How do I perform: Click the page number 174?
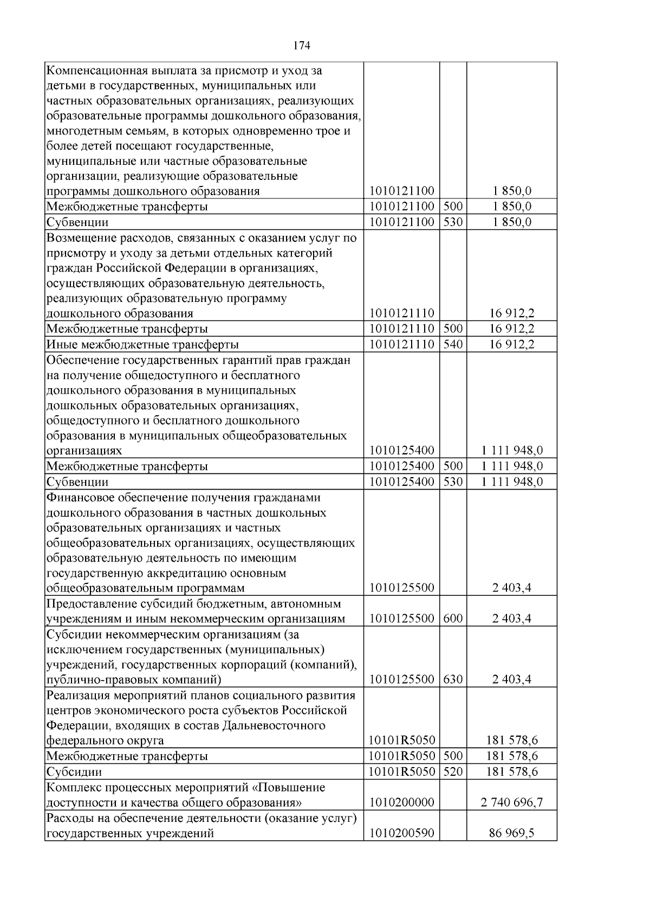[x=302, y=46]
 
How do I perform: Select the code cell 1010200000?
[x=401, y=802]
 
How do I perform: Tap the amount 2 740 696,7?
[x=511, y=802]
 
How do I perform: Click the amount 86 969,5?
[x=511, y=833]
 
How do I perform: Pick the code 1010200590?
[x=401, y=833]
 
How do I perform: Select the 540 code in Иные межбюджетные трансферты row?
[x=453, y=344]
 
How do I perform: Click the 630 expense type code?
[x=453, y=679]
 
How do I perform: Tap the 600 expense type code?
[x=453, y=619]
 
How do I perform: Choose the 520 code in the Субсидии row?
[x=453, y=771]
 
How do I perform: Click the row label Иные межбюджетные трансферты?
[x=142, y=345]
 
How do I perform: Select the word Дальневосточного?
[x=274, y=725]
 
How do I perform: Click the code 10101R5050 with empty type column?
[x=401, y=741]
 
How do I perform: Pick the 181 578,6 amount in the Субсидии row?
[x=511, y=771]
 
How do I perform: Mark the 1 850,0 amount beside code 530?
[x=511, y=222]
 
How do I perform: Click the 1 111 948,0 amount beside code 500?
[x=511, y=466]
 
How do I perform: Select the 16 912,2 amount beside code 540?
[x=511, y=344]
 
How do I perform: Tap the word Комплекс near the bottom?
[x=71, y=787]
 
